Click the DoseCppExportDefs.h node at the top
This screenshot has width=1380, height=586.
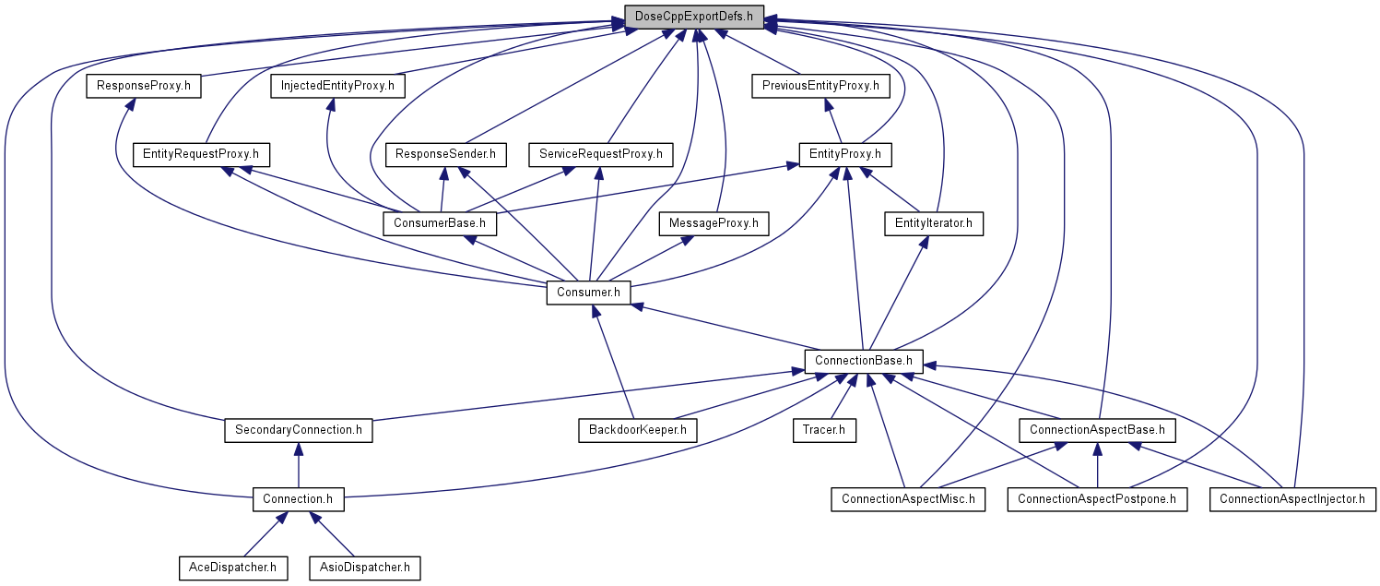pyautogui.click(x=694, y=17)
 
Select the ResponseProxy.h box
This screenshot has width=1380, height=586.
pyautogui.click(x=144, y=86)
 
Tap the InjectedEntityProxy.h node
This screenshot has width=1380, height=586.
pyautogui.click(x=337, y=86)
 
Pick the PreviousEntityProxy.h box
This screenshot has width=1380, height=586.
pyautogui.click(x=820, y=86)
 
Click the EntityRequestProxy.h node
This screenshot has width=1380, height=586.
pyautogui.click(x=201, y=154)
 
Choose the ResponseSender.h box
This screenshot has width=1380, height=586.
pyautogui.click(x=445, y=154)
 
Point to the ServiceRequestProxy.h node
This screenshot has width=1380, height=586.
pyautogui.click(x=601, y=154)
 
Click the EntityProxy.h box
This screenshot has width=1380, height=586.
pyautogui.click(x=845, y=154)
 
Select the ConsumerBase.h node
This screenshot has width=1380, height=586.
pyautogui.click(x=440, y=223)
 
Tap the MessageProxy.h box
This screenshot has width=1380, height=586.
pyautogui.click(x=714, y=223)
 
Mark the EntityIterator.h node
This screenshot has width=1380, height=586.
pyautogui.click(x=934, y=223)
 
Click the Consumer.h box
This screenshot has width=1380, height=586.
pyautogui.click(x=588, y=293)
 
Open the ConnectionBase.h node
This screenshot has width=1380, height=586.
pyautogui.click(x=864, y=361)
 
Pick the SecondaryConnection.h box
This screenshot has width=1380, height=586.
pyautogui.click(x=299, y=430)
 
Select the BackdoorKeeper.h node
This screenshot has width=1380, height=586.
pyautogui.click(x=638, y=430)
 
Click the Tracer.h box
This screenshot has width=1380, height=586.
pyautogui.click(x=824, y=430)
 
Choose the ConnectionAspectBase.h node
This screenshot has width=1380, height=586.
pyautogui.click(x=1097, y=430)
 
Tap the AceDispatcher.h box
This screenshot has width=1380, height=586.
pyautogui.click(x=233, y=568)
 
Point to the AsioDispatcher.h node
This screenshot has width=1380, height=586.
pyautogui.click(x=365, y=568)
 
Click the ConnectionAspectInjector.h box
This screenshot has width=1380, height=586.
pyautogui.click(x=1292, y=499)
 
